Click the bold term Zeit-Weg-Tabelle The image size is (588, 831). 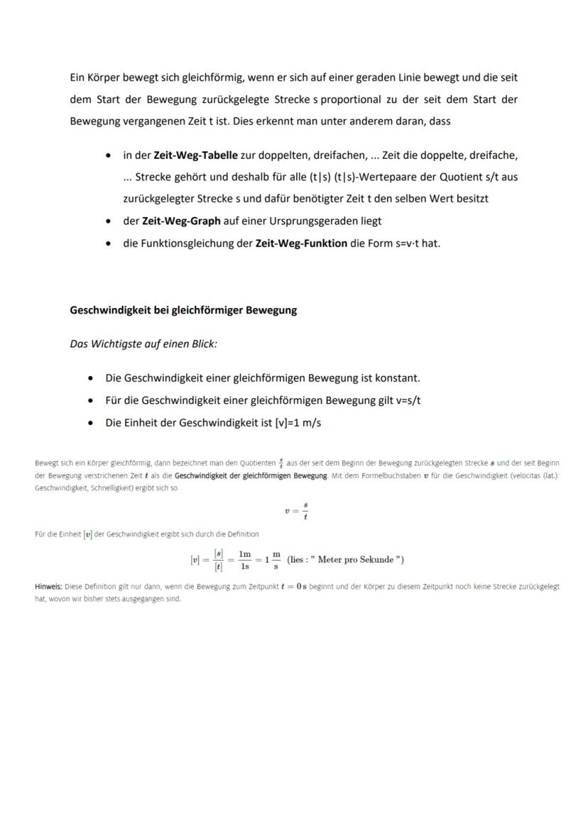pos(195,155)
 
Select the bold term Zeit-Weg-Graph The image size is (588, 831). pos(181,221)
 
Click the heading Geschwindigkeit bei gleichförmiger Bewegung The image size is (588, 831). pos(183,310)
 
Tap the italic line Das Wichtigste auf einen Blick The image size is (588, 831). pos(143,343)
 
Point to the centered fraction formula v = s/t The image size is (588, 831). pos(295,511)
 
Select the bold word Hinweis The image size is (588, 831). pos(48,587)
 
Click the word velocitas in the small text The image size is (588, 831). pos(523,475)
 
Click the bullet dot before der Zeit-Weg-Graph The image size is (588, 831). pos(108,221)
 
